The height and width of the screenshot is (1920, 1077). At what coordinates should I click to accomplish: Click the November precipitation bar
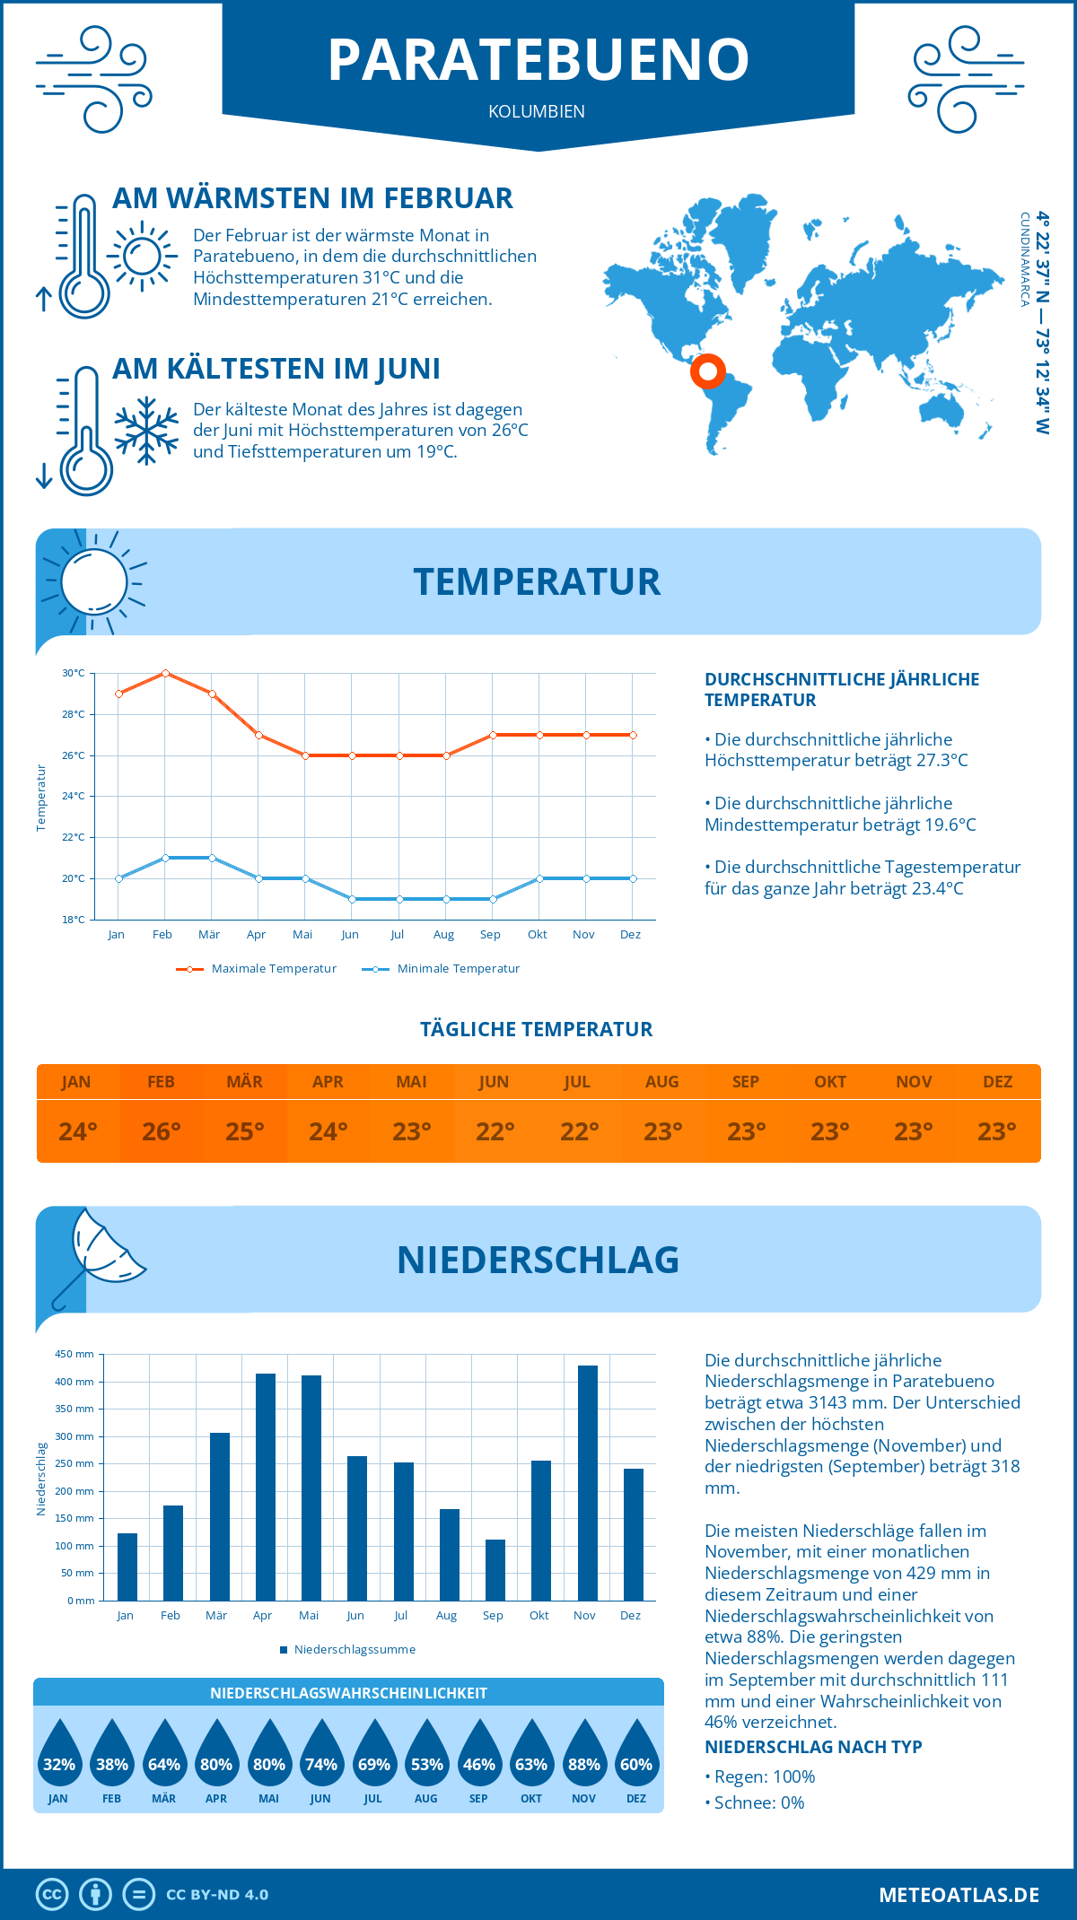tap(587, 1482)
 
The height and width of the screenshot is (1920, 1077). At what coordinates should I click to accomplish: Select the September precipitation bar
tap(495, 1569)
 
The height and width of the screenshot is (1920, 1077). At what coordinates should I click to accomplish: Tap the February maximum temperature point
tap(165, 673)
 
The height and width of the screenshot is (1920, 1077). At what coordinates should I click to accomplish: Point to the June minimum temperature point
tap(352, 899)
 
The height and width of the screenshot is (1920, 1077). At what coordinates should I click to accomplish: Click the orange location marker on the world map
tap(707, 371)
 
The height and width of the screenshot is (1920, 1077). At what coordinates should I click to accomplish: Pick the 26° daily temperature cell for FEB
tap(162, 1131)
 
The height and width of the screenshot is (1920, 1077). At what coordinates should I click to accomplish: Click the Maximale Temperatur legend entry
tap(257, 969)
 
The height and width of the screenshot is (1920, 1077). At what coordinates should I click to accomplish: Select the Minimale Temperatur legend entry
tap(441, 969)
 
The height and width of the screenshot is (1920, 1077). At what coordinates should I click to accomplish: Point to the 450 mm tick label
tap(75, 1354)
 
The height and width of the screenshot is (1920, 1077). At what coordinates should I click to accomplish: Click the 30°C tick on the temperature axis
tap(74, 673)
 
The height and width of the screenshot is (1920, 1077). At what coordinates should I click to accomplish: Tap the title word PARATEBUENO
tap(538, 60)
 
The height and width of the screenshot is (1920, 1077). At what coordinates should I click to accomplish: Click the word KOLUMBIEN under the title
tap(537, 111)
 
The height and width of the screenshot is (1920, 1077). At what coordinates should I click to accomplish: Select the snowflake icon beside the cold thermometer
tap(146, 431)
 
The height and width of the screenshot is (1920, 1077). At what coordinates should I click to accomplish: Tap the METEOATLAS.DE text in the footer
tap(959, 1895)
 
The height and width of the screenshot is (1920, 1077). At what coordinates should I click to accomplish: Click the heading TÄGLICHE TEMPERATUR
tap(537, 1029)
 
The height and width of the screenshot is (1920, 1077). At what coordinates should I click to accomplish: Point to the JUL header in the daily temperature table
tap(577, 1081)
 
